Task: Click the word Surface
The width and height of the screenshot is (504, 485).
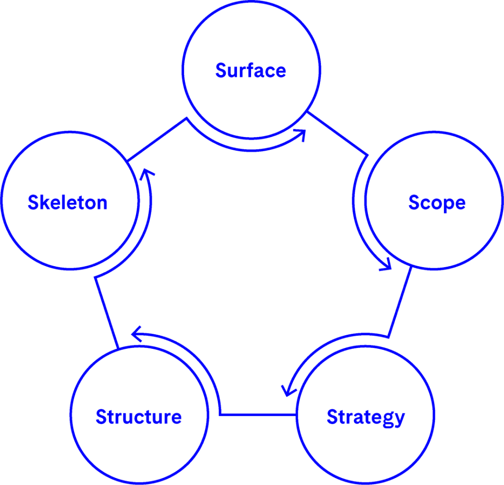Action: [250, 71]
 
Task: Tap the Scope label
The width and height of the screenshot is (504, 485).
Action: [436, 203]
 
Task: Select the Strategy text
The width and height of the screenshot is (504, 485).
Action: [365, 417]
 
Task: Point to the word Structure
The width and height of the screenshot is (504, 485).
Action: [139, 417]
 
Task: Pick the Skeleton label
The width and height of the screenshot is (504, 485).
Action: [68, 203]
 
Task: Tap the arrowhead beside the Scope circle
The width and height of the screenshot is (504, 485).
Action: [387, 266]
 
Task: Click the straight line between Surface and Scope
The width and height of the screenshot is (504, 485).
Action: [338, 133]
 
